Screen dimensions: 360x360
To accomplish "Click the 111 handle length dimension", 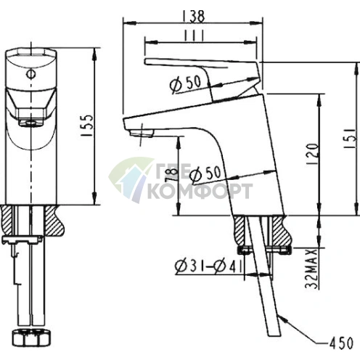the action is [194, 36].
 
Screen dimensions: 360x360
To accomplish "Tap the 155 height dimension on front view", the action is [86, 126].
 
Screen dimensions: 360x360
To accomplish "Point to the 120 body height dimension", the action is [312, 155].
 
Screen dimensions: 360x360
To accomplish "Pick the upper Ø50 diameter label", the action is [185, 83].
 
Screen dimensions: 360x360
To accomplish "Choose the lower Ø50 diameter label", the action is [205, 173].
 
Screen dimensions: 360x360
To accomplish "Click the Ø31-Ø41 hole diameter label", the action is [208, 266].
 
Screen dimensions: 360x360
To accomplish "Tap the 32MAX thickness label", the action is [311, 269].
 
